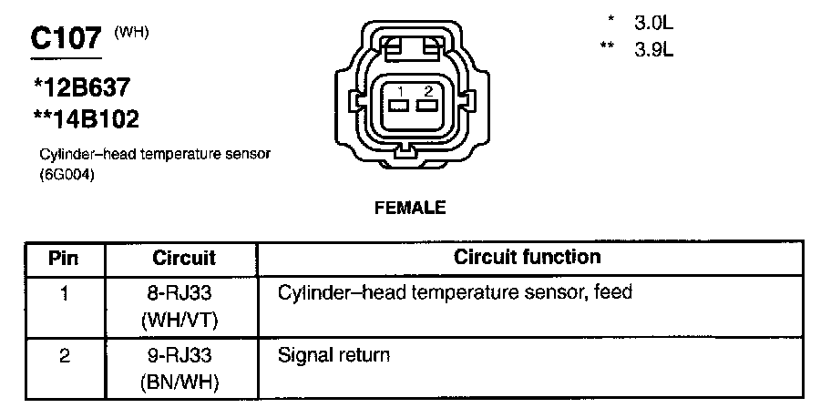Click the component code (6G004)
click(67, 176)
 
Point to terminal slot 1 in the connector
click(399, 105)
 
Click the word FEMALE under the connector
click(410, 208)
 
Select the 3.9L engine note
click(653, 50)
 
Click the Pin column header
click(63, 258)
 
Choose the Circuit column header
click(184, 258)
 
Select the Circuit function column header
click(527, 257)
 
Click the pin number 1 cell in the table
click(63, 294)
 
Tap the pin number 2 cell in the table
click(63, 356)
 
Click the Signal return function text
click(333, 355)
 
